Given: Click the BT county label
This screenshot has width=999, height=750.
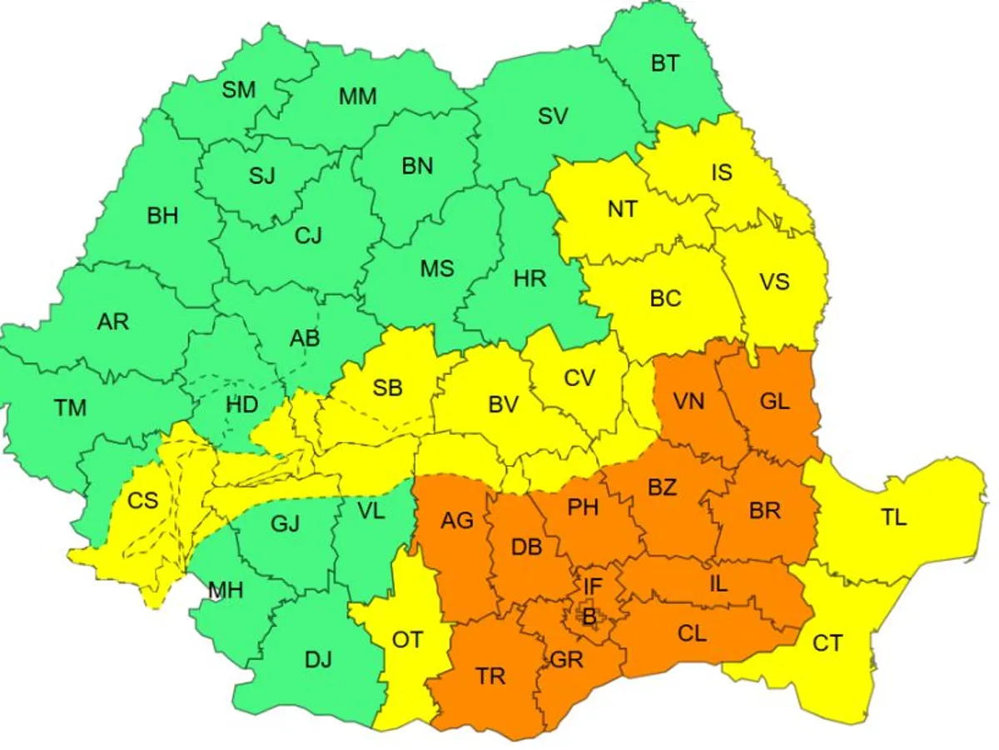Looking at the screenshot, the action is pos(664,63).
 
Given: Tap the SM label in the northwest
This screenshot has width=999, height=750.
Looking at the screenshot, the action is pos(239,90).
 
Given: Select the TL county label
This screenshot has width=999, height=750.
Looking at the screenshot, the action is pos(894,517).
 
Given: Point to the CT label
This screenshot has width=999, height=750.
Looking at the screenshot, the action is pos(828,643).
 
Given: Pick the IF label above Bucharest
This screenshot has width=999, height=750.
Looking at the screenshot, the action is pos(592,587).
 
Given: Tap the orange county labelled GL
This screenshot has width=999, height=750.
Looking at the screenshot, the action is pos(774,401).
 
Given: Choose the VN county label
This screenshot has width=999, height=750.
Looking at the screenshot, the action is pos(688,401).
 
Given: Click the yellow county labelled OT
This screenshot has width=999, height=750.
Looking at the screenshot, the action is pos(407,640).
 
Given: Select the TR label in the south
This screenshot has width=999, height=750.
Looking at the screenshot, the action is pos(491,676).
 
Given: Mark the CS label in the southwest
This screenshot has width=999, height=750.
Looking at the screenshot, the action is pos(142,501).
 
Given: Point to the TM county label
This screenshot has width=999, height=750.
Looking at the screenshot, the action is pos(70,407).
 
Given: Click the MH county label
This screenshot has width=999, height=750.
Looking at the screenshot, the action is pos(226,592).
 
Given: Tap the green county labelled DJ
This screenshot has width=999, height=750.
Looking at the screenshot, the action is pos(318,660).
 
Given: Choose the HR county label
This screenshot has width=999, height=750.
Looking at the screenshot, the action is pos(530,278).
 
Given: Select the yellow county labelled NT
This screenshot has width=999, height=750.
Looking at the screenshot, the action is pos(622,208).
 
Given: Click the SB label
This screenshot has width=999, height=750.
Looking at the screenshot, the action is pos(387,387).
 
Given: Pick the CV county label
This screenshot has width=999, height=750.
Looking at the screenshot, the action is pos(579,378).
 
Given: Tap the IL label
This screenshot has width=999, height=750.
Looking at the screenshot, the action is pos(718,583).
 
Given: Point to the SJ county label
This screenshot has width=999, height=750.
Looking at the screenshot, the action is pos(261,176).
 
